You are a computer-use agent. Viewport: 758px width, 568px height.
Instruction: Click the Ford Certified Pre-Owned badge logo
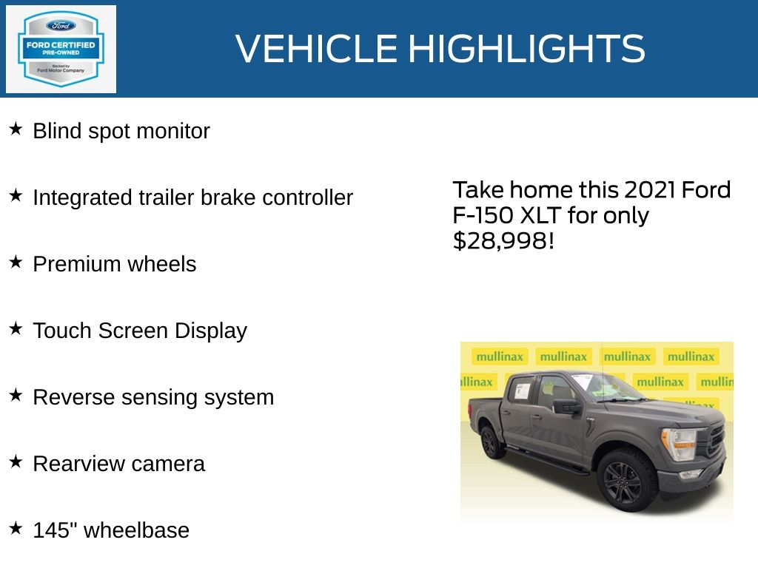[x=61, y=49]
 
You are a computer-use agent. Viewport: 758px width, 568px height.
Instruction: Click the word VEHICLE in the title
[x=316, y=48]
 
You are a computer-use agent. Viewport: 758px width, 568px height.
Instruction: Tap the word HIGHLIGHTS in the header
[x=527, y=48]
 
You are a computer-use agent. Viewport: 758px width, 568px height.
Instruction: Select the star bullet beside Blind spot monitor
[x=16, y=129]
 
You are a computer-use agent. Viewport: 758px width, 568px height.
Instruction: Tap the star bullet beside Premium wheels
[x=16, y=263]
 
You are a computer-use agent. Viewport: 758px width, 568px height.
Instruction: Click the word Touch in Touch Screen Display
[x=62, y=331]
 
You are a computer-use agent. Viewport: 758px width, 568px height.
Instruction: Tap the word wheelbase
[x=136, y=530]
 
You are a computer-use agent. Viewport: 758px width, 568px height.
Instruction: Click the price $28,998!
[x=503, y=240]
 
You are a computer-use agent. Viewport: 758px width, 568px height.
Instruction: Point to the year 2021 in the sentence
[x=649, y=190]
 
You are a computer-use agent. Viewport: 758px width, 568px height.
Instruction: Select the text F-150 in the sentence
[x=483, y=215]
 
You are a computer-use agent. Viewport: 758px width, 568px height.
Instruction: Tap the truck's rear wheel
[x=492, y=442]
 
